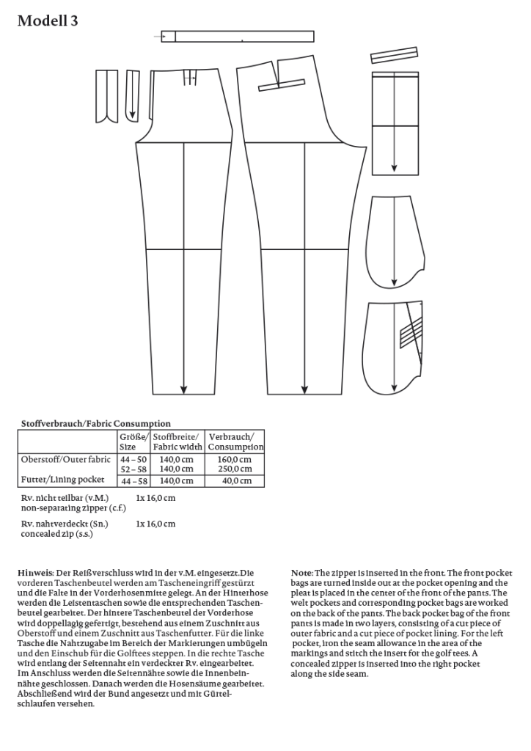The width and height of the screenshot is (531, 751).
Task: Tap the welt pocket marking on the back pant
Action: pos(282,87)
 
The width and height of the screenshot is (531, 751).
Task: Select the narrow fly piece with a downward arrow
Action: pos(132,94)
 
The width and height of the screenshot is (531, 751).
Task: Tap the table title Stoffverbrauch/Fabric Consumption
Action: pos(95,424)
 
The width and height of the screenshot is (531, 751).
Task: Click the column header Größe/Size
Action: pos(133,441)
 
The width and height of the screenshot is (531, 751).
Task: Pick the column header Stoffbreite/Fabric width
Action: pos(177,441)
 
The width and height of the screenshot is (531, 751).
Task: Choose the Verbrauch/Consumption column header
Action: pos(235,441)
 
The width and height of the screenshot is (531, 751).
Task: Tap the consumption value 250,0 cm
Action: pos(235,469)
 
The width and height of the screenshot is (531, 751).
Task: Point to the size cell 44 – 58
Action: pos(133,481)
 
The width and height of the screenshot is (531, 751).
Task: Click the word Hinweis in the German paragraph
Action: pos(34,571)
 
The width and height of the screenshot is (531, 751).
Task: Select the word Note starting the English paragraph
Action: pos(301,572)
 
